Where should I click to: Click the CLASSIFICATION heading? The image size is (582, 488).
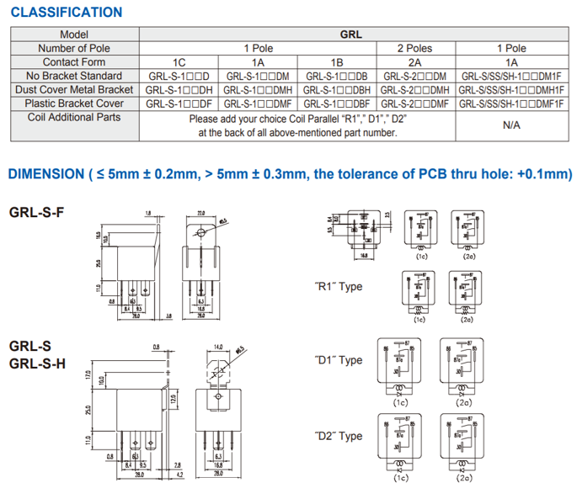(65, 12)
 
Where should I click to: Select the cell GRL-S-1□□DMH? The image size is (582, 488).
(259, 89)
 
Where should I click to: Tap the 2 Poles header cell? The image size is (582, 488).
(414, 48)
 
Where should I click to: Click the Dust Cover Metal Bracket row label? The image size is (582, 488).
(74, 89)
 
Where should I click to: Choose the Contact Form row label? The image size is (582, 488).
(74, 61)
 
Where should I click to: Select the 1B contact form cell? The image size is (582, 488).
(337, 61)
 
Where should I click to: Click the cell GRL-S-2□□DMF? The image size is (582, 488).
(414, 103)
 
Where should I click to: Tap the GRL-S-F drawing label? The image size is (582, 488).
(35, 212)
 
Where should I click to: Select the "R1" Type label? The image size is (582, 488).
(338, 286)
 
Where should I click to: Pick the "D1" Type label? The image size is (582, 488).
(338, 360)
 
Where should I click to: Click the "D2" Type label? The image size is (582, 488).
(338, 436)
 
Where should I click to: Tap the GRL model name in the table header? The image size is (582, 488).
(351, 34)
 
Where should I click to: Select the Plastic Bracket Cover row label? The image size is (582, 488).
(74, 103)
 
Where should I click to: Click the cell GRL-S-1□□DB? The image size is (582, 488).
(337, 76)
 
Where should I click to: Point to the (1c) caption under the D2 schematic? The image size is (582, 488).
(401, 478)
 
